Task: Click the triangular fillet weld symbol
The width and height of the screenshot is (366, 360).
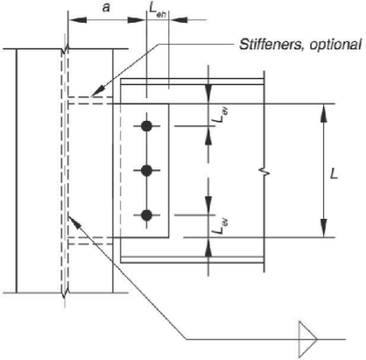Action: tap(306, 336)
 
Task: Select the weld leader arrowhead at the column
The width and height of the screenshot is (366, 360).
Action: tap(71, 216)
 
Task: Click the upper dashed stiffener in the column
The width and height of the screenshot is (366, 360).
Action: tap(89, 100)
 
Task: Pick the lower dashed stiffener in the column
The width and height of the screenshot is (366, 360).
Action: tap(89, 242)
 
